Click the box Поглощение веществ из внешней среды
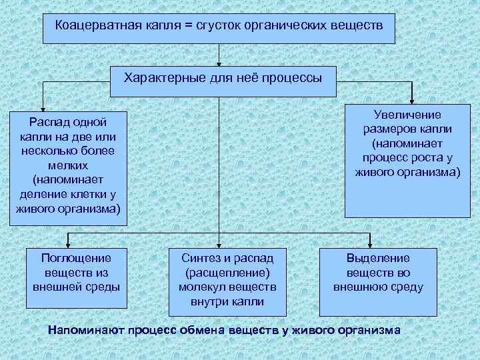[x=77, y=279]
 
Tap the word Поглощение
[x=77, y=258]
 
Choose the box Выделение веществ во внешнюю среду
[x=378, y=281]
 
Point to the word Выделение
[x=378, y=258]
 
